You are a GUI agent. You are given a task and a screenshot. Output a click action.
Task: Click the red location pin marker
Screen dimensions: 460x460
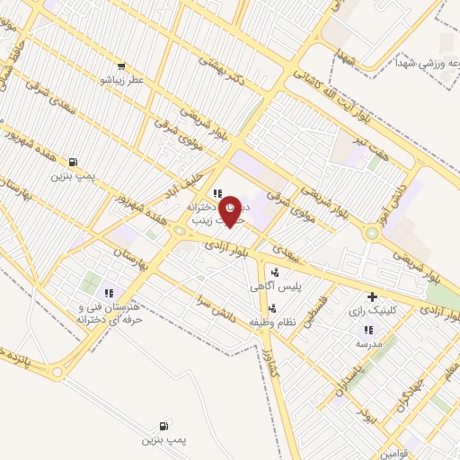[231, 211]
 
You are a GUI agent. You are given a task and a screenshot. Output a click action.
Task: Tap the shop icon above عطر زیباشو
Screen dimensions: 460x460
[121, 65]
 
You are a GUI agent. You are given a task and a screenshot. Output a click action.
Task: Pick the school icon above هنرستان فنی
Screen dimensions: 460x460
[109, 292]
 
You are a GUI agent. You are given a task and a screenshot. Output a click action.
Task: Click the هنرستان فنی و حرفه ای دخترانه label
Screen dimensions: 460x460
[107, 314]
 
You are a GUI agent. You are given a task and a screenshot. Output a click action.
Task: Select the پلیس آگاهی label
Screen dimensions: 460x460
[276, 285]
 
